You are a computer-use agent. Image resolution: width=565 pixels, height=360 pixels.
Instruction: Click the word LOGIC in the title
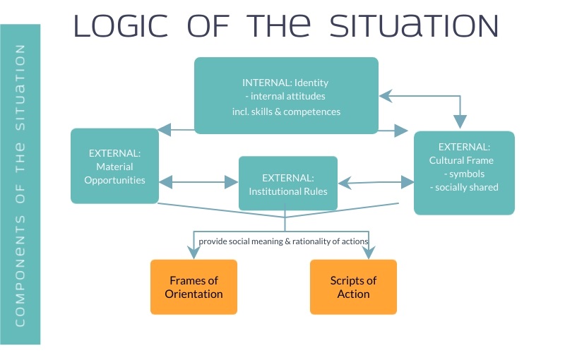(x=121, y=26)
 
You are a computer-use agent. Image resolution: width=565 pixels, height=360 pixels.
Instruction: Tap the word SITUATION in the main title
(x=414, y=26)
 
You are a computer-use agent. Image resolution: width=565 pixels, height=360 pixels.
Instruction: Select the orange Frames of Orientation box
(x=194, y=287)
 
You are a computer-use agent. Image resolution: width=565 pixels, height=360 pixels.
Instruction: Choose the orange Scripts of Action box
(x=353, y=287)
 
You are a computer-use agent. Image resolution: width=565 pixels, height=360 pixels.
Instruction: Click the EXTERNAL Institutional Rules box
(x=288, y=184)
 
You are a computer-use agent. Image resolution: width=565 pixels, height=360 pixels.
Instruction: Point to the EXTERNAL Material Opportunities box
(x=114, y=166)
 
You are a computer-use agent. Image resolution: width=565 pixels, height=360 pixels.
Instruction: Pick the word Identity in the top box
(x=311, y=83)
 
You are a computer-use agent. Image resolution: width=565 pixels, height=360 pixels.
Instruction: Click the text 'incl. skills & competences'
(x=286, y=112)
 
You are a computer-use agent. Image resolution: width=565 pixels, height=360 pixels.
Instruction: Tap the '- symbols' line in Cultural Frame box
(x=464, y=174)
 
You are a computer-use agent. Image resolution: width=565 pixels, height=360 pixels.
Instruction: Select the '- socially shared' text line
(x=464, y=187)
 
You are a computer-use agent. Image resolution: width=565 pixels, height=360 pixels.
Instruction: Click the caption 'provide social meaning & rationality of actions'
(x=283, y=241)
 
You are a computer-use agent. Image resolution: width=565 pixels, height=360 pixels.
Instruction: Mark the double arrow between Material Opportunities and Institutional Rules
(x=198, y=182)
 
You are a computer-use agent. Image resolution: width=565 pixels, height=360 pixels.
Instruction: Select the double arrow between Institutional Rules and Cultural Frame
(x=376, y=183)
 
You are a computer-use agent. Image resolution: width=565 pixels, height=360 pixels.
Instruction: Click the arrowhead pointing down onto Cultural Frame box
(x=460, y=121)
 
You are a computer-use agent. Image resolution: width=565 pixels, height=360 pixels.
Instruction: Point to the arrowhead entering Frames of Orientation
(x=194, y=253)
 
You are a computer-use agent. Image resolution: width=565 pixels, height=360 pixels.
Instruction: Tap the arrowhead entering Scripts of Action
(x=369, y=253)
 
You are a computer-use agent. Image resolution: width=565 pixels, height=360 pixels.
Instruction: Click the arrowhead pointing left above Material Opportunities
(x=165, y=130)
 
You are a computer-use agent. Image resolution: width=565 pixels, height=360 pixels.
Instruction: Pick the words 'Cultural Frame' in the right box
(x=461, y=160)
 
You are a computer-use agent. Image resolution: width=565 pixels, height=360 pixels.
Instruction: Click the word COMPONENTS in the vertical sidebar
(x=20, y=271)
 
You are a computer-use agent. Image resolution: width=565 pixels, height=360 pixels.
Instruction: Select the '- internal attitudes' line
(x=285, y=96)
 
